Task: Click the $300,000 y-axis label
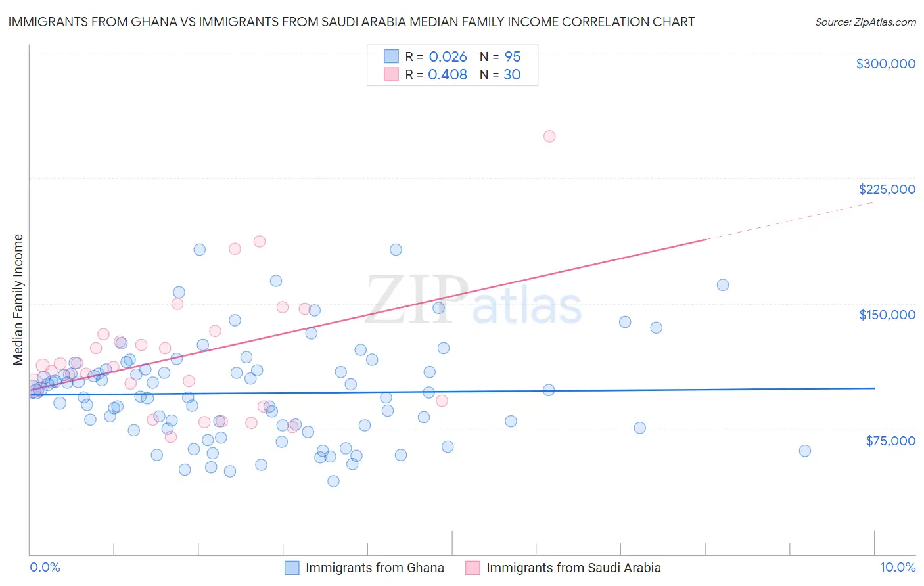885,64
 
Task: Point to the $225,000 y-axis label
887,189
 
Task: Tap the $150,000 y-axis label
887,315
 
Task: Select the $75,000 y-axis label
890,441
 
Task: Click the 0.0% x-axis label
45,567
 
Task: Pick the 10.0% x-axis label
897,567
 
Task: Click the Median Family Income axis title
18,300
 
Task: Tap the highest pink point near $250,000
549,137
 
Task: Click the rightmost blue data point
804,451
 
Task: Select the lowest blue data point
333,481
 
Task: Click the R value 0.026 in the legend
448,57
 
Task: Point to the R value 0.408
448,75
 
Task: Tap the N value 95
513,57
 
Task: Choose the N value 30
512,75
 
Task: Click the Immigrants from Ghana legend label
375,568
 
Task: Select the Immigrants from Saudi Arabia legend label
573,568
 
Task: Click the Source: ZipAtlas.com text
865,22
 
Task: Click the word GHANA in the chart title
150,22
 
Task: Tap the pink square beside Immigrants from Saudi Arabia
473,568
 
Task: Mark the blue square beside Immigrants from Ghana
292,568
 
